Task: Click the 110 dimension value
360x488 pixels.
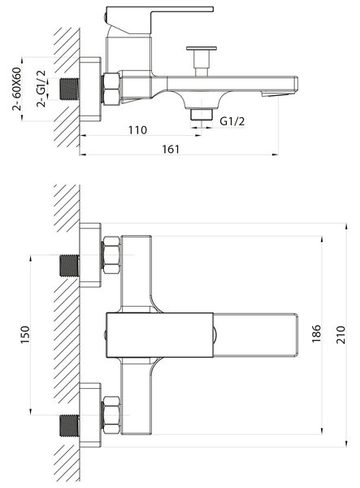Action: (x=137, y=130)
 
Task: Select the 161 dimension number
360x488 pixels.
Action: (x=171, y=150)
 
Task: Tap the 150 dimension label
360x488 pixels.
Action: (x=25, y=334)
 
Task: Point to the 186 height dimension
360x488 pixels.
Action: (x=316, y=333)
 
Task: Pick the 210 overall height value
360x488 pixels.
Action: (x=340, y=334)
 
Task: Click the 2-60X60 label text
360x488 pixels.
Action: (x=17, y=89)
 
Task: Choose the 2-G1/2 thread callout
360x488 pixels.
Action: (x=41, y=89)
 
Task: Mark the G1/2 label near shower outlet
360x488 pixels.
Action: (x=232, y=121)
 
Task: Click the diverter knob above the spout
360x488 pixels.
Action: (x=202, y=61)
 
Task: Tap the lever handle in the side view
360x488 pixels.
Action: (x=155, y=20)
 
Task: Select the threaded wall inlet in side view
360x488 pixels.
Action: (x=69, y=89)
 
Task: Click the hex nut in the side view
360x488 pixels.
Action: (x=111, y=89)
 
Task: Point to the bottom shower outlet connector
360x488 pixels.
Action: (x=202, y=114)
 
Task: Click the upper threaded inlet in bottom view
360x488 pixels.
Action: (x=69, y=265)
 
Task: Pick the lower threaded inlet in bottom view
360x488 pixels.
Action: (x=69, y=425)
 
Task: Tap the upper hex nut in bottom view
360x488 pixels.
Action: (x=111, y=255)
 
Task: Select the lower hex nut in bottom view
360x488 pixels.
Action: (x=111, y=415)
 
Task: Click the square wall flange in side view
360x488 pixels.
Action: (x=90, y=89)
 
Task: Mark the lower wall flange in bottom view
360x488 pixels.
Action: (x=90, y=415)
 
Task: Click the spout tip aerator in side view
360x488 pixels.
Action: (x=276, y=94)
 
